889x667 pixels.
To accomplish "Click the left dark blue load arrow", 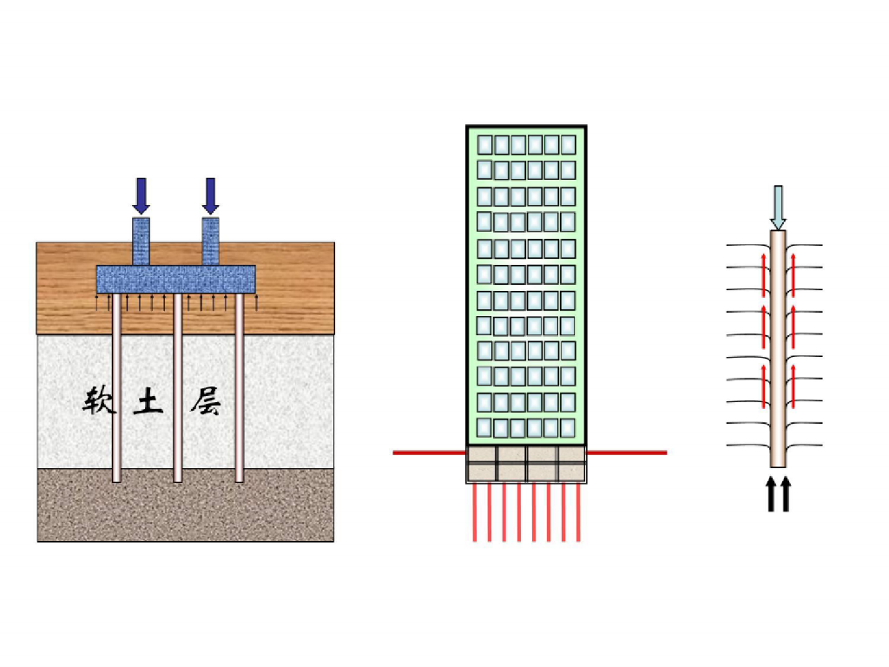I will pos(141,195).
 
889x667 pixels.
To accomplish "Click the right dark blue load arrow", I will pos(210,195).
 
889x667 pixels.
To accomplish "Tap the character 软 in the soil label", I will pos(100,402).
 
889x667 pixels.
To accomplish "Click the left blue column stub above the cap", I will pos(141,241).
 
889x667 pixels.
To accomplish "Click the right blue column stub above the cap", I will pos(210,241).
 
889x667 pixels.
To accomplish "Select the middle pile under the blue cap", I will pos(178,391).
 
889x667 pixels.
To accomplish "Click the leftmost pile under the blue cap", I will pos(116,391).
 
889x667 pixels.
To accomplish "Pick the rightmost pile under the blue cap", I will pos(240,391).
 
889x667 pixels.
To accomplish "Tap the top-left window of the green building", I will pos(484,143).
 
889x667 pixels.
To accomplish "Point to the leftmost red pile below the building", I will pos(474,512).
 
